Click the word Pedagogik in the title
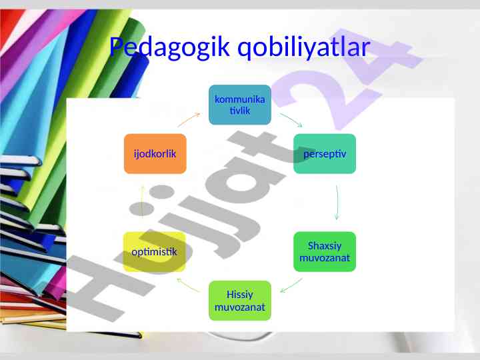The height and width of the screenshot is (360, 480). click(x=169, y=47)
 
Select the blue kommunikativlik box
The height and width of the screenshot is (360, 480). click(x=240, y=105)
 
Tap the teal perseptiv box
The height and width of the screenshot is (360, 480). click(x=325, y=154)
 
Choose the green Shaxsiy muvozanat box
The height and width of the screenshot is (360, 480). click(x=325, y=251)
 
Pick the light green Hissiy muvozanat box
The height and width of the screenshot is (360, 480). click(x=240, y=301)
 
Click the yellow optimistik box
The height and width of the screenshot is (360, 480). click(x=155, y=251)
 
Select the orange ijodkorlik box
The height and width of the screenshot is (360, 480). click(x=155, y=154)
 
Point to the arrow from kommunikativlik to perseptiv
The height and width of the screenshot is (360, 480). click(x=291, y=119)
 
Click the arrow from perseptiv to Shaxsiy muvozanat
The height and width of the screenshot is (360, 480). click(x=337, y=202)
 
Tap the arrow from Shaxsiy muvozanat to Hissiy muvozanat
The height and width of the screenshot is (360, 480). click(x=291, y=285)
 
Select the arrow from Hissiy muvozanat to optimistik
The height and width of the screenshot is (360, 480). click(x=188, y=285)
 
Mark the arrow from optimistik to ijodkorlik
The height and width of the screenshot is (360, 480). click(x=142, y=201)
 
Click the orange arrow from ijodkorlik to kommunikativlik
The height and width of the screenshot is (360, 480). click(x=189, y=120)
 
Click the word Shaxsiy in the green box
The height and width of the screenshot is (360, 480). click(x=325, y=246)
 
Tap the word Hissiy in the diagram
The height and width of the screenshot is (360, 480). click(x=240, y=295)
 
